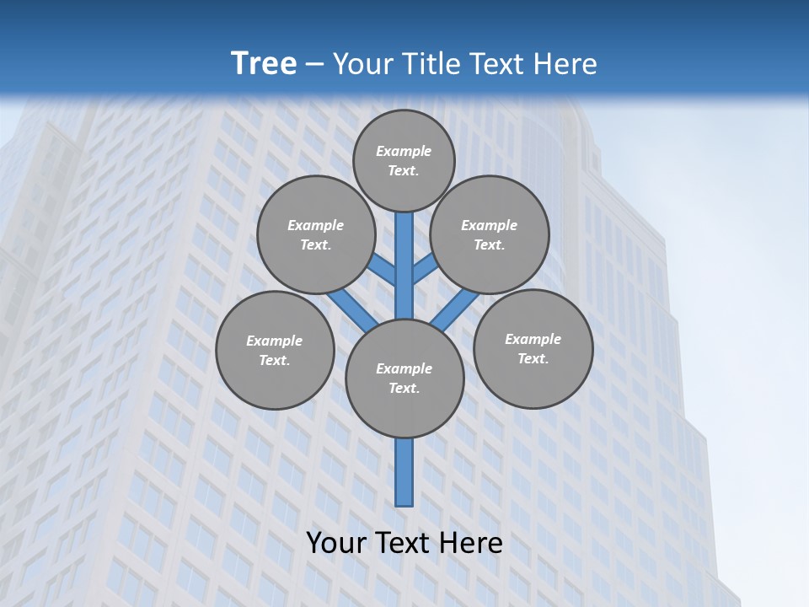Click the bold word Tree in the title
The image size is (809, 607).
click(x=264, y=63)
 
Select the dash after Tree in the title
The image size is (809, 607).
click(x=315, y=64)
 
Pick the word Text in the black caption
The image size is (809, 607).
click(x=405, y=543)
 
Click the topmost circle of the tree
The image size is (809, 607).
click(x=404, y=160)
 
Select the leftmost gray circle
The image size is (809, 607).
click(x=275, y=350)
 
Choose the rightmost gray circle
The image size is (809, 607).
click(x=533, y=348)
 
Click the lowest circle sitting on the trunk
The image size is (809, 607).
click(x=404, y=378)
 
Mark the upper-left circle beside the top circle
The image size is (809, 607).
click(x=316, y=234)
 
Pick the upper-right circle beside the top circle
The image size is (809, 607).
click(x=490, y=234)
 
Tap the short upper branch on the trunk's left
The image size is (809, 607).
click(x=383, y=270)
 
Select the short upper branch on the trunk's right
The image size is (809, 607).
click(x=425, y=269)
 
